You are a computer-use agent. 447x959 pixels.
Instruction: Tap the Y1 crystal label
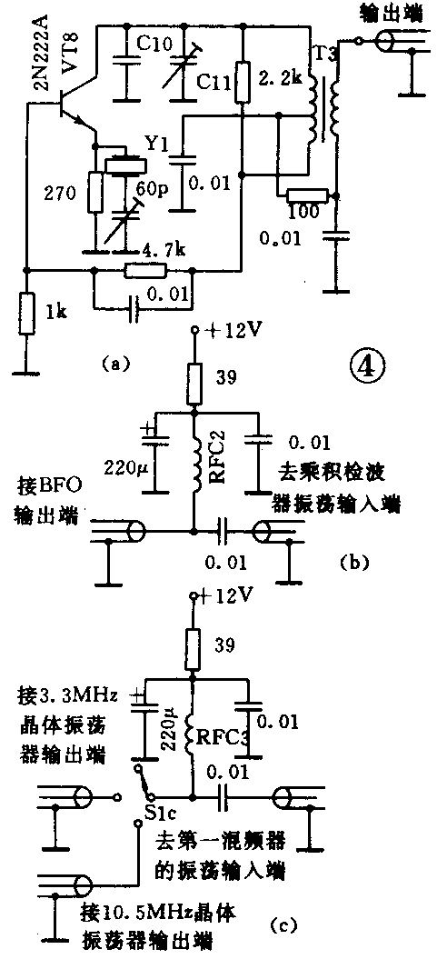coord(155,143)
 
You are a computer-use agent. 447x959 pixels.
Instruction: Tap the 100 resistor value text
coord(307,212)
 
